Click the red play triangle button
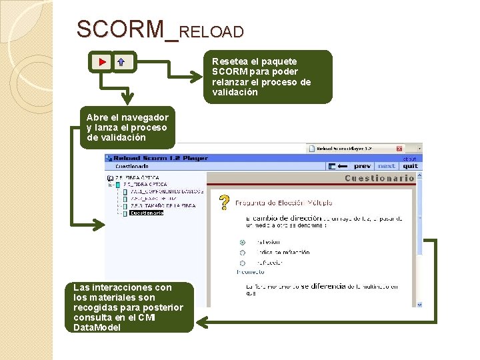(101, 62)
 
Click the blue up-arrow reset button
(121, 62)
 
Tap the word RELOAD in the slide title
(211, 31)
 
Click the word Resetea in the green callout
(229, 61)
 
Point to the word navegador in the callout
(147, 117)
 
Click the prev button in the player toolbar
(363, 166)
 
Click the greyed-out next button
(386, 166)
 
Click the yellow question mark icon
(225, 202)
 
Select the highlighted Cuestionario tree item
(146, 213)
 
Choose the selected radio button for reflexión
(242, 242)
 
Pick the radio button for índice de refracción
(242, 253)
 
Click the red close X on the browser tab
(399, 149)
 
